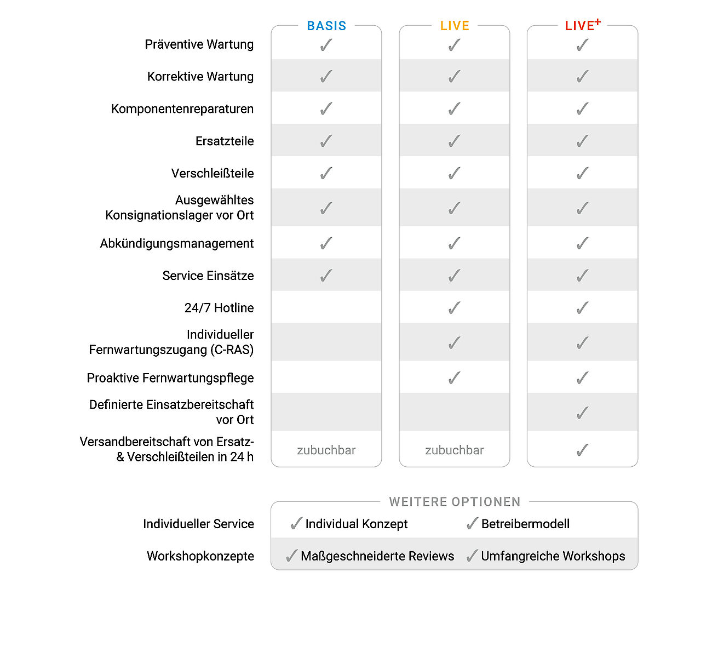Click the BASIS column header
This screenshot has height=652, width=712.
click(326, 26)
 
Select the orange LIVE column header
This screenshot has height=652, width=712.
click(455, 26)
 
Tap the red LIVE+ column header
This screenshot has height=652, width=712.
click(582, 25)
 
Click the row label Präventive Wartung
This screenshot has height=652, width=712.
click(199, 44)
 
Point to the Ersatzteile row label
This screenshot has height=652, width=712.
click(225, 141)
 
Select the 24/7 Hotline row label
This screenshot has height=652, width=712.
click(219, 308)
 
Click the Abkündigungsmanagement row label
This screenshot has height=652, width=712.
click(176, 243)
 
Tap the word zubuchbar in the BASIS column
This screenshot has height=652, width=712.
click(326, 450)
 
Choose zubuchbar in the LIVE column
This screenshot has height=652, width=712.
click(455, 450)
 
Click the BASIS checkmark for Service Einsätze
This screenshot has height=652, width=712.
click(326, 275)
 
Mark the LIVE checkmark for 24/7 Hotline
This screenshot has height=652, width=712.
click(455, 308)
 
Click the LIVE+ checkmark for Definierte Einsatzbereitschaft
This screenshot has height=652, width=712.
click(582, 413)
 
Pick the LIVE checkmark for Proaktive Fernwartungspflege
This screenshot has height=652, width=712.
click(455, 378)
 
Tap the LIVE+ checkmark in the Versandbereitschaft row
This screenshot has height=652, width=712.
click(582, 450)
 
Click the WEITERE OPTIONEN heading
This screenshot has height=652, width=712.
click(455, 502)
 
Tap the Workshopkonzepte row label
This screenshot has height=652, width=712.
click(200, 556)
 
